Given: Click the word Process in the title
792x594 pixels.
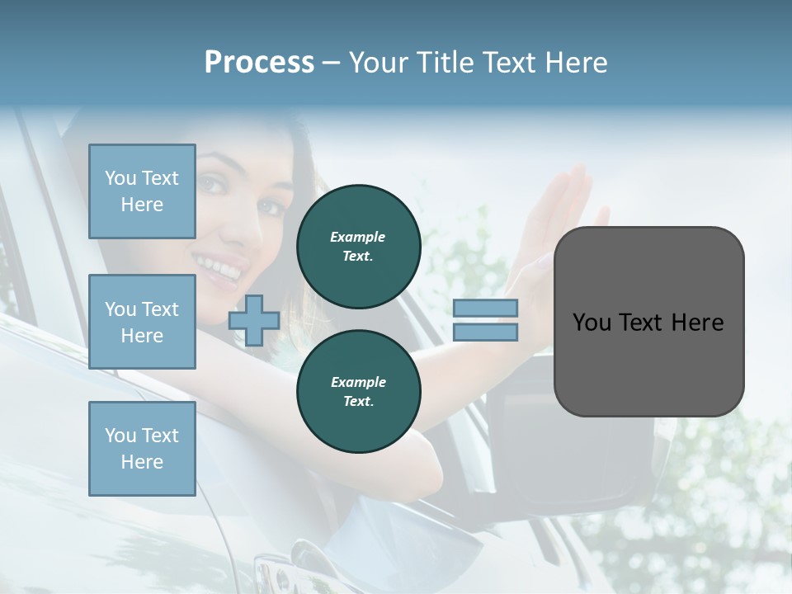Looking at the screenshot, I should tap(259, 63).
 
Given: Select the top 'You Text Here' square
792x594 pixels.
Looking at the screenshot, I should tap(142, 191).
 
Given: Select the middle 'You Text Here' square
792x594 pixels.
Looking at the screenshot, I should tap(142, 322).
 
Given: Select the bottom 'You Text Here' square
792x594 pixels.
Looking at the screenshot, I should tap(142, 449).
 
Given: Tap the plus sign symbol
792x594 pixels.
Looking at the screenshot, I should tap(254, 320).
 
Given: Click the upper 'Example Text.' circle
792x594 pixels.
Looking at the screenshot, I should tap(358, 247).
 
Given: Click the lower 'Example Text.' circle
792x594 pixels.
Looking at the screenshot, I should tap(358, 392).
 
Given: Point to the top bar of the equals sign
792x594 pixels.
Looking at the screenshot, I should tap(485, 309).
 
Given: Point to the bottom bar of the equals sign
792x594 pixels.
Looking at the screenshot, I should tap(485, 332).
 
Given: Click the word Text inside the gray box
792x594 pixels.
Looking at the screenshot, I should tap(643, 323).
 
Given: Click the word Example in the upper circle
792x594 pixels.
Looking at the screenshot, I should tap(358, 237).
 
